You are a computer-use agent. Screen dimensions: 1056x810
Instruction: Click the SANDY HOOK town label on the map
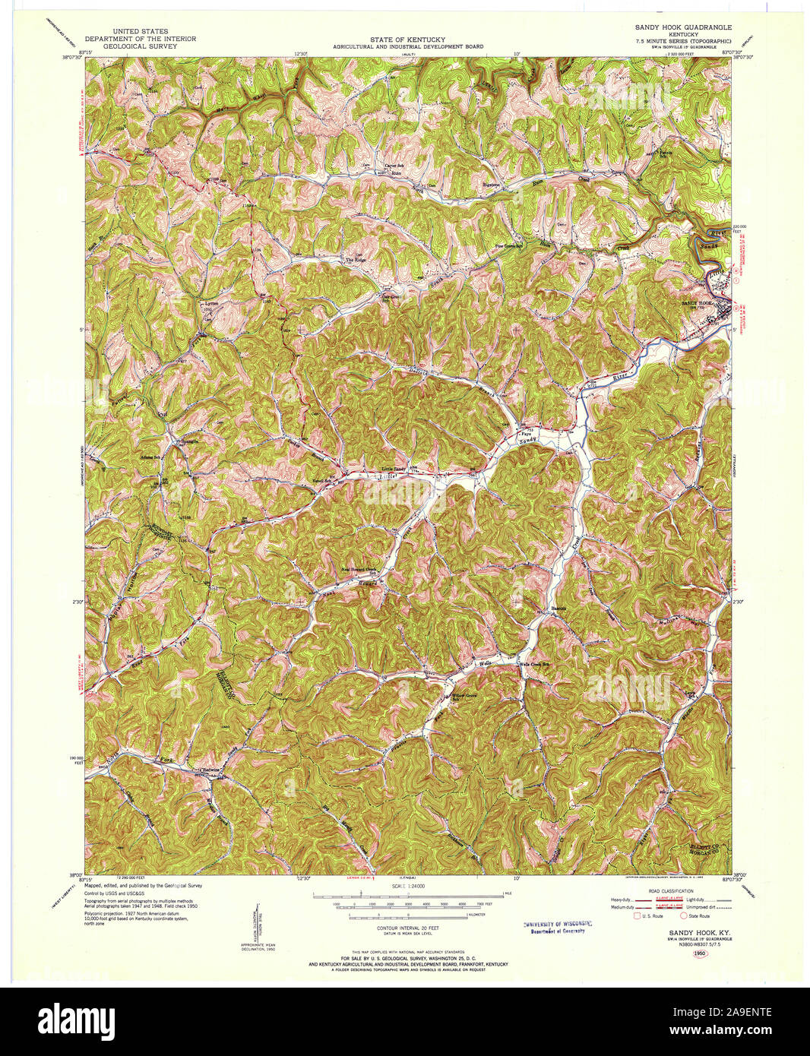(697, 302)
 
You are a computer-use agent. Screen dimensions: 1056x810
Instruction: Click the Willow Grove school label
(464, 694)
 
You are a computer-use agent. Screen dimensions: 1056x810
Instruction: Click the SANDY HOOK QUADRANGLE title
(683, 27)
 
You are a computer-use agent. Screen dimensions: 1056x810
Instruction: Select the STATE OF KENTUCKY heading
(407, 39)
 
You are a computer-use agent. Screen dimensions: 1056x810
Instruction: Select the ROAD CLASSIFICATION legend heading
(672, 890)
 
